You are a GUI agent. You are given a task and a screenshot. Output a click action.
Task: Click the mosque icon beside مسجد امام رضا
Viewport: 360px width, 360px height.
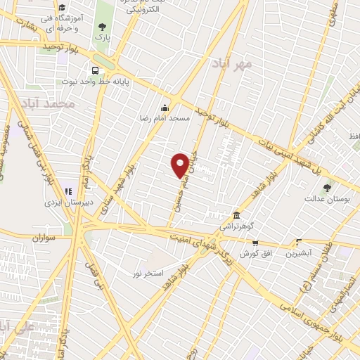point(165,107)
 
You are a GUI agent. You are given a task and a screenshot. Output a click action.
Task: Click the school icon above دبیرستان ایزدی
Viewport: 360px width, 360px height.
point(68,191)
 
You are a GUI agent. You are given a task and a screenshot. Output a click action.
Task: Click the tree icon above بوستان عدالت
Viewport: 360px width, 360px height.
point(327,187)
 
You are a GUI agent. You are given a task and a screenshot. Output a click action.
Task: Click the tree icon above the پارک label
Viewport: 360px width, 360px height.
point(103,27)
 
